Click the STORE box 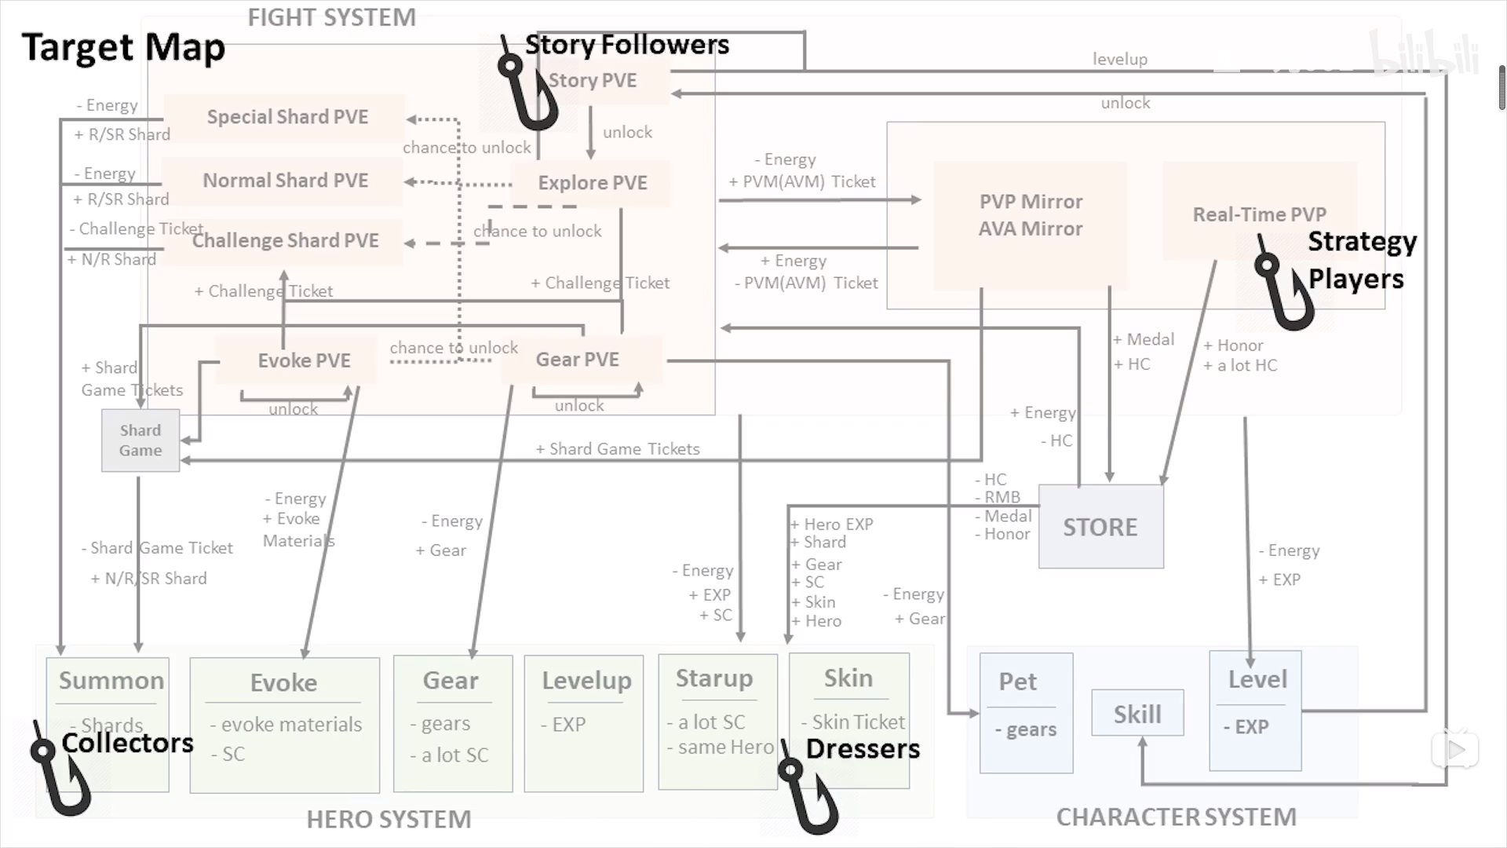tap(1100, 527)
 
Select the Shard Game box tap(140, 440)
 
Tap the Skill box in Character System tap(1137, 713)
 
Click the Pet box tap(1026, 713)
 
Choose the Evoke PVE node tap(304, 360)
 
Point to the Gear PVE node tap(578, 360)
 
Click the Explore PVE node tap(593, 183)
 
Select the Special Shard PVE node tap(287, 117)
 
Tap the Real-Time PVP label tap(1259, 214)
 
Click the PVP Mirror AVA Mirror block tap(1030, 215)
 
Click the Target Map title tap(123, 47)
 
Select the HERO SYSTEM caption tap(389, 819)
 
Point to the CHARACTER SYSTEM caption tap(1176, 817)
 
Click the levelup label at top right tap(1119, 59)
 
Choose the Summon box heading tap(111, 680)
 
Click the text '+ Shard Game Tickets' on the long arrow tap(618, 449)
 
